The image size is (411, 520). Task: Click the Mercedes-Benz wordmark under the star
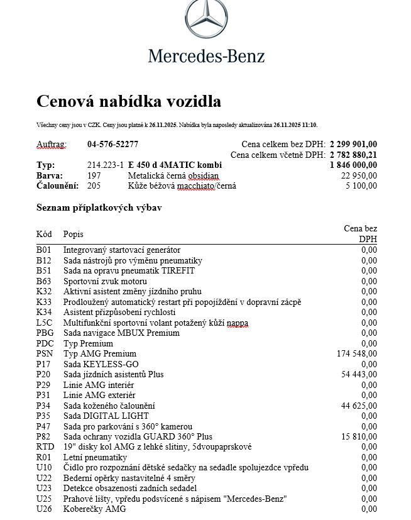pyautogui.click(x=206, y=56)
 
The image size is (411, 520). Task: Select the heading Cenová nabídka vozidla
pyautogui.click(x=129, y=101)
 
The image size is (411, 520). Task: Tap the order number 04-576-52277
pyautogui.click(x=113, y=144)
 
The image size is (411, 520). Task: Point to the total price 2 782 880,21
pyautogui.click(x=353, y=155)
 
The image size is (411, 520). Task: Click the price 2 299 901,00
pyautogui.click(x=353, y=144)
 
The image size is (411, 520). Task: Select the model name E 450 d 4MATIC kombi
pyautogui.click(x=175, y=165)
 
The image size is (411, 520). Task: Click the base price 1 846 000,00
pyautogui.click(x=353, y=165)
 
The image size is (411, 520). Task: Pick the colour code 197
pyautogui.click(x=94, y=175)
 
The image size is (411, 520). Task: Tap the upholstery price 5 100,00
pyautogui.click(x=361, y=185)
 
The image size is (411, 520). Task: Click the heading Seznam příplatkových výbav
pyautogui.click(x=99, y=207)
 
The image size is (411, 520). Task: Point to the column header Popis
pyautogui.click(x=74, y=234)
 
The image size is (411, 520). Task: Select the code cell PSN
pyautogui.click(x=45, y=354)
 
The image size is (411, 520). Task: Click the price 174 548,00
pyautogui.click(x=357, y=354)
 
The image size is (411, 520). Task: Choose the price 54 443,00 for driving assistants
pyautogui.click(x=359, y=374)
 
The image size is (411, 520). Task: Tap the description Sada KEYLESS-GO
pyautogui.click(x=97, y=364)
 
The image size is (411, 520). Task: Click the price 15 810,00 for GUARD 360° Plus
pyautogui.click(x=359, y=436)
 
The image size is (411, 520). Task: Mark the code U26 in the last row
pyautogui.click(x=44, y=509)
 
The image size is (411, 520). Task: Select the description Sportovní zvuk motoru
pyautogui.click(x=105, y=281)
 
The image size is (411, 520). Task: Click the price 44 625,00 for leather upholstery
pyautogui.click(x=359, y=406)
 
